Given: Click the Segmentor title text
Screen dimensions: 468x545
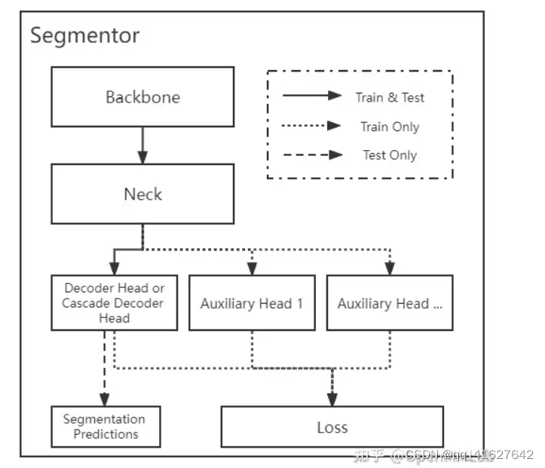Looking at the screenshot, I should click(x=84, y=35).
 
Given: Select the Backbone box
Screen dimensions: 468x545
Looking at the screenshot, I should click(x=142, y=97).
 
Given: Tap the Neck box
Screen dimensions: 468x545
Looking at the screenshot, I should click(x=142, y=194).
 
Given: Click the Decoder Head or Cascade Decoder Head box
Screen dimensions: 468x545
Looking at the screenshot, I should click(x=114, y=303).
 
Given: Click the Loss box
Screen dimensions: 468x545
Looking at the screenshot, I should click(x=332, y=427).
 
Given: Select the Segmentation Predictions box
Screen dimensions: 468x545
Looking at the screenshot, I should click(x=106, y=427).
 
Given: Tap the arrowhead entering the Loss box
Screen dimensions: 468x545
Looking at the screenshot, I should click(x=332, y=398).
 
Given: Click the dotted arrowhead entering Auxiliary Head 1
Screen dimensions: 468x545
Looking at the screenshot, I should click(x=252, y=268).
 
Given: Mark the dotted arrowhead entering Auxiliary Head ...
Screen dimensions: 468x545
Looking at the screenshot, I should click(x=390, y=268).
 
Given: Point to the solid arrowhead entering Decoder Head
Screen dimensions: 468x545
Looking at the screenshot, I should click(x=114, y=268).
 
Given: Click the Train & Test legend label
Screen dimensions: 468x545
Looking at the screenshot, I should click(x=390, y=97).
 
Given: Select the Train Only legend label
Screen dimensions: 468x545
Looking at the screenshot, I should click(x=390, y=127).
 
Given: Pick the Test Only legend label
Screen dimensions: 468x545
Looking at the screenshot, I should click(x=390, y=155).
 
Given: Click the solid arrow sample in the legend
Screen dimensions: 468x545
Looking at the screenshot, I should click(x=312, y=96).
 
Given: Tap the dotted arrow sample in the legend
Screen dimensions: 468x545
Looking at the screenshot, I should click(x=312, y=126).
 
